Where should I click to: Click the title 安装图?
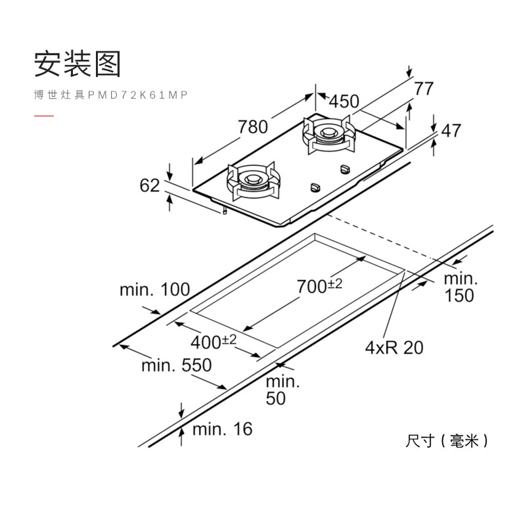[x=78, y=64]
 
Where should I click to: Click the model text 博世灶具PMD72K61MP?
[x=111, y=95]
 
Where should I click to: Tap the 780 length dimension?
[x=253, y=126]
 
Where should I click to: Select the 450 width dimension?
[x=344, y=101]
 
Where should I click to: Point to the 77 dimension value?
[x=424, y=88]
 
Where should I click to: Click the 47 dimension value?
[x=451, y=131]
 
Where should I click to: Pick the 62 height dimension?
[x=150, y=185]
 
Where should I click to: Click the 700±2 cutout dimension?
[x=319, y=286]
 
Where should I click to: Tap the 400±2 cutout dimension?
[x=214, y=341]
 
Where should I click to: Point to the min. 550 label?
[x=176, y=365]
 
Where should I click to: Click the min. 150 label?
[x=459, y=287]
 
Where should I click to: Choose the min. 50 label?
[x=282, y=390]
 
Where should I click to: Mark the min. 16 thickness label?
[x=222, y=429]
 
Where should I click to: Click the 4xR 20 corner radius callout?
[x=394, y=347]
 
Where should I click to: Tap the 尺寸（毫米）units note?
[x=447, y=441]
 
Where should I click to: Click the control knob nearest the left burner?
[x=315, y=187]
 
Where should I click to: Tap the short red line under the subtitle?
[x=44, y=116]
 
